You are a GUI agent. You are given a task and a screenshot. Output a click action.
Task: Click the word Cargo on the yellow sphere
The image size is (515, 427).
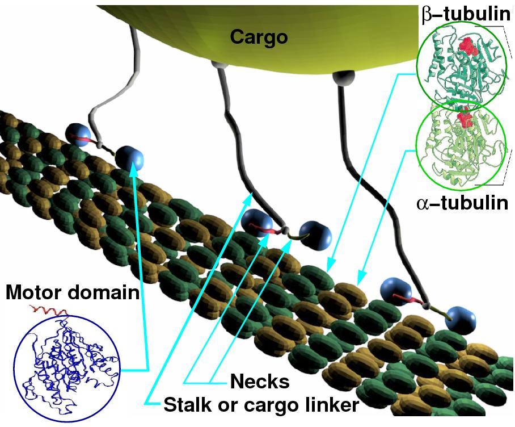click(259, 37)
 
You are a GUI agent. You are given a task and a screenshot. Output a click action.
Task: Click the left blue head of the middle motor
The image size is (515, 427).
click(254, 221)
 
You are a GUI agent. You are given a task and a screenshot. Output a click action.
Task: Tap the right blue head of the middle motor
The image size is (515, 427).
click(315, 234)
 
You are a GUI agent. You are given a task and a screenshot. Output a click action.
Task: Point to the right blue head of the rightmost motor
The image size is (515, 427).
click(459, 319)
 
